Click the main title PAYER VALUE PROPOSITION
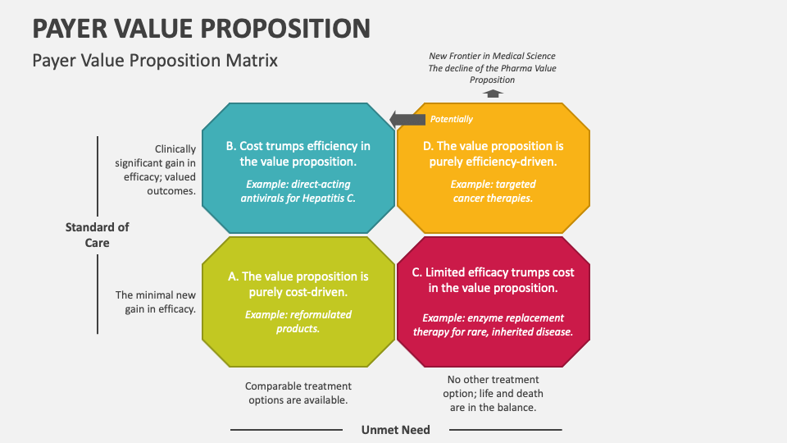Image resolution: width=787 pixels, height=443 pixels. (x=201, y=28)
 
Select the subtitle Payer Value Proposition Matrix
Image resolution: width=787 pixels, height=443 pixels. (x=155, y=61)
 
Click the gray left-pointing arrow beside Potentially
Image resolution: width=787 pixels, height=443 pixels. (x=407, y=119)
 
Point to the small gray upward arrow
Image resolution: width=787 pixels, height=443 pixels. (x=492, y=94)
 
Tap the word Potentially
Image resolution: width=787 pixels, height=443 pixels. (x=452, y=119)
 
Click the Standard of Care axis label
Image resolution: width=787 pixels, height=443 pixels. (x=98, y=235)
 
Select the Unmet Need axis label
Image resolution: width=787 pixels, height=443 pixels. (x=395, y=429)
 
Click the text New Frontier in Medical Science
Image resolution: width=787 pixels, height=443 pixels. (x=492, y=56)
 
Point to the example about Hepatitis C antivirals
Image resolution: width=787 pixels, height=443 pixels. (x=298, y=191)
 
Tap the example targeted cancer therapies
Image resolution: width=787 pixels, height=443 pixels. (x=492, y=191)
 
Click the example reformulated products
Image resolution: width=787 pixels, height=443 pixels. (x=298, y=322)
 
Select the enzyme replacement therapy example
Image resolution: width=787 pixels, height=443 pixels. (x=492, y=325)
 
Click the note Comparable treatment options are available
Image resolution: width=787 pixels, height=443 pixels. (x=298, y=393)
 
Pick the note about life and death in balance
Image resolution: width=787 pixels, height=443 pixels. (x=492, y=393)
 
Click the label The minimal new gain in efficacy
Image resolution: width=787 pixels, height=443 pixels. (x=156, y=302)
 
